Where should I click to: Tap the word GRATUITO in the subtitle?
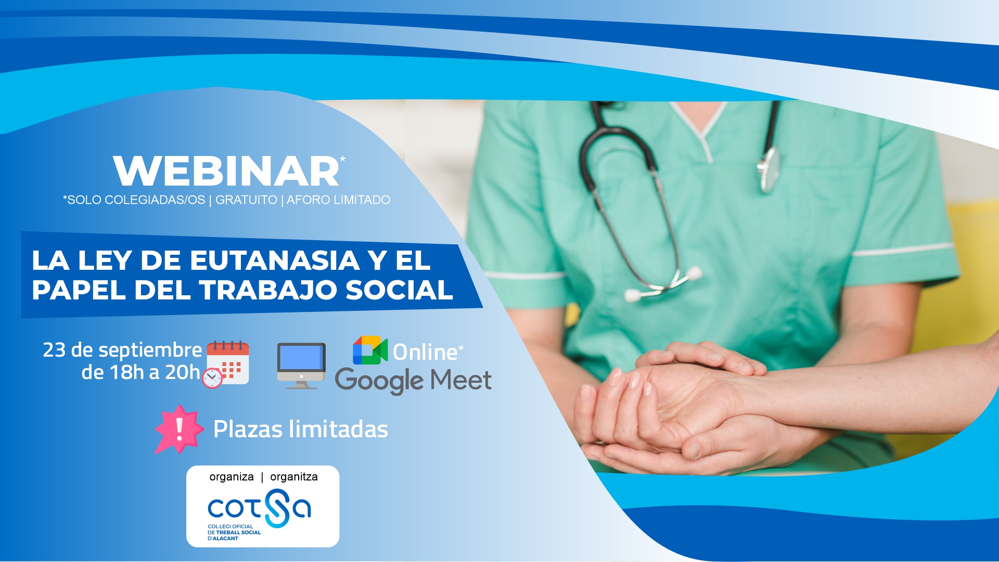coord(246,200)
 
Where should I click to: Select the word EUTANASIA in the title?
coord(275,260)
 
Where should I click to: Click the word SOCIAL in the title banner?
coord(399,290)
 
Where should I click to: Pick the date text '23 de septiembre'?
coord(122,350)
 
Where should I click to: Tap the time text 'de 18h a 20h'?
coord(140,373)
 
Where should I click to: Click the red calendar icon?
coord(228,362)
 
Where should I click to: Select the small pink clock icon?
coord(212,378)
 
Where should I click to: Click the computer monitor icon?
coord(301,365)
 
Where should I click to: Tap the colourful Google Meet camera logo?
coord(370,350)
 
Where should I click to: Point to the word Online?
coord(425,352)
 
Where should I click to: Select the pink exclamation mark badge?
coord(180,429)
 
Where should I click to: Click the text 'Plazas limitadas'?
coord(301,429)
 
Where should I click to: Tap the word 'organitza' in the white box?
coord(294,477)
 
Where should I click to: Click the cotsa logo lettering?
coord(260,508)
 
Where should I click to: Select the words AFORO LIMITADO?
coord(338,200)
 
